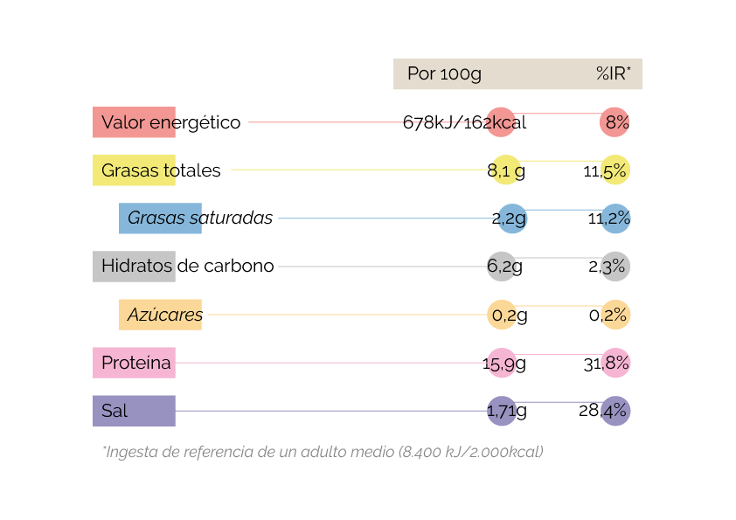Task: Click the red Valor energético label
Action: tap(135, 122)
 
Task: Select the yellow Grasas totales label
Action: tap(135, 170)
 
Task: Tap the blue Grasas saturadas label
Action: tap(161, 218)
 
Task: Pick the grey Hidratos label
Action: tap(135, 267)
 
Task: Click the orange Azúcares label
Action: tap(161, 315)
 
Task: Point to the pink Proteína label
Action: tap(135, 363)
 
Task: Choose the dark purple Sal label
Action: tap(135, 411)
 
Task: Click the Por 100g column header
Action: tap(444, 74)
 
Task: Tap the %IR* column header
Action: tap(614, 74)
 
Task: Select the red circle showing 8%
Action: tap(615, 122)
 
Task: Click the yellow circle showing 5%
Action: tap(615, 170)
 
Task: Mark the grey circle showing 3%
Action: tap(615, 267)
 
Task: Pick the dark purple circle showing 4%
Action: tap(615, 411)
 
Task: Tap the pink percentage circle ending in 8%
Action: tap(615, 363)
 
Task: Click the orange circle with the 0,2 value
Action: tap(502, 315)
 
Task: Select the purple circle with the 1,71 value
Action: tap(502, 411)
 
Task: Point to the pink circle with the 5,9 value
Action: tap(502, 363)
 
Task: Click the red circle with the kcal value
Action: tap(502, 122)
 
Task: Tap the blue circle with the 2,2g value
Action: tap(510, 218)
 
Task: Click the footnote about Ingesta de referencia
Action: tap(323, 452)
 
